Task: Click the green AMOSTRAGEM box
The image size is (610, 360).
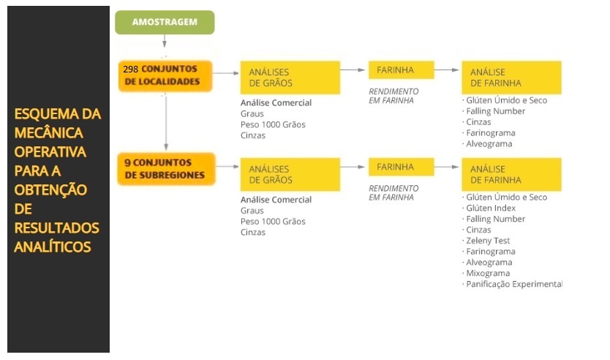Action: [165, 22]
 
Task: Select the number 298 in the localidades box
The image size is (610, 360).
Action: [130, 70]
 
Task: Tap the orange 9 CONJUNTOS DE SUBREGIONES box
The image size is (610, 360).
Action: [166, 169]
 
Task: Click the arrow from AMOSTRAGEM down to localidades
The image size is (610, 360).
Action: [165, 41]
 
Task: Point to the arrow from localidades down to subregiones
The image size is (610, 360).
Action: [166, 123]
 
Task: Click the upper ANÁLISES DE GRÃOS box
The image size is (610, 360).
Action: [290, 78]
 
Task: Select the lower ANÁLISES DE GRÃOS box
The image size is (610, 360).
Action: [290, 174]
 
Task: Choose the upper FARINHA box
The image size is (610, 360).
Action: [401, 70]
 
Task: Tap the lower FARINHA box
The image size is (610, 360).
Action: [401, 167]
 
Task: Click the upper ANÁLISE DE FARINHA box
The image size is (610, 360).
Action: [511, 78]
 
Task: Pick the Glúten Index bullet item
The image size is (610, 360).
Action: [489, 209]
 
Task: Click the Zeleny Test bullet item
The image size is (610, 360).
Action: [486, 241]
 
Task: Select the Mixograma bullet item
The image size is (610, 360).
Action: [486, 273]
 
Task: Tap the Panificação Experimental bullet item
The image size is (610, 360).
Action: [512, 284]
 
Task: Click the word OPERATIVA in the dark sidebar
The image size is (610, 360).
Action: [50, 151]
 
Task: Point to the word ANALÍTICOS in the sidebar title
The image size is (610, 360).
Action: [53, 247]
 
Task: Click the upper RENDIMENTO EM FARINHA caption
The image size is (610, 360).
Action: [394, 96]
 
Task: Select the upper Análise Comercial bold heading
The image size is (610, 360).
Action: [276, 102]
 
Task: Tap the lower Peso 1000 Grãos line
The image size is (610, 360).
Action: [273, 222]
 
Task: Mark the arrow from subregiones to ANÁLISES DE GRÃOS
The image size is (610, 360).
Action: [227, 167]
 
